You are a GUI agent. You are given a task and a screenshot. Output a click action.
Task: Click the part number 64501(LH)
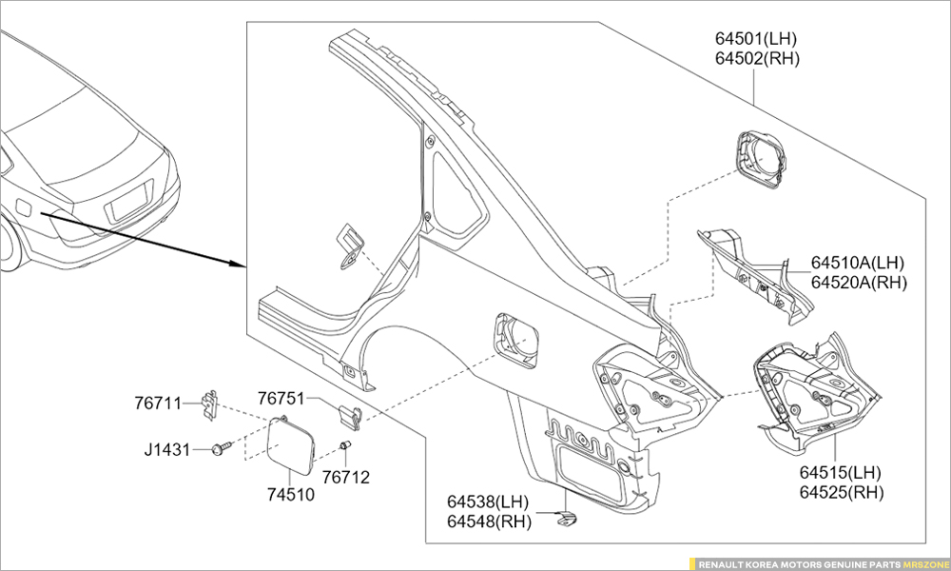click(756, 39)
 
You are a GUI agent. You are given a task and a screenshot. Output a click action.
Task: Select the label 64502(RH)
click(757, 57)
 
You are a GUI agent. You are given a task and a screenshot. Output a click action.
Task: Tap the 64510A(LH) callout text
click(858, 263)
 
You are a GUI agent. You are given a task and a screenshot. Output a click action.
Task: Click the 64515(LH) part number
click(841, 473)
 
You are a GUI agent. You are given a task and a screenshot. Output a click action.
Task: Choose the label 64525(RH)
click(841, 492)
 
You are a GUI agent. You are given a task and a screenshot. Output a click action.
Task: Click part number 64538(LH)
click(488, 502)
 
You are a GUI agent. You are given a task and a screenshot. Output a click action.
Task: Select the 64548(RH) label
click(488, 521)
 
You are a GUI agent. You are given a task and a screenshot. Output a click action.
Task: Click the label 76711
click(158, 404)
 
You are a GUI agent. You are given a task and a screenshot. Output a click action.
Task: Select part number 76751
click(281, 398)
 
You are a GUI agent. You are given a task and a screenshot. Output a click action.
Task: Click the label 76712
click(345, 477)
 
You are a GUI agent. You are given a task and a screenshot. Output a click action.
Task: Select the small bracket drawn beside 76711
click(212, 404)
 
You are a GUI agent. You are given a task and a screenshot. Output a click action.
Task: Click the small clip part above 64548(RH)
click(566, 519)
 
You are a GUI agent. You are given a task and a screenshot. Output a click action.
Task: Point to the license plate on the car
click(126, 204)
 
